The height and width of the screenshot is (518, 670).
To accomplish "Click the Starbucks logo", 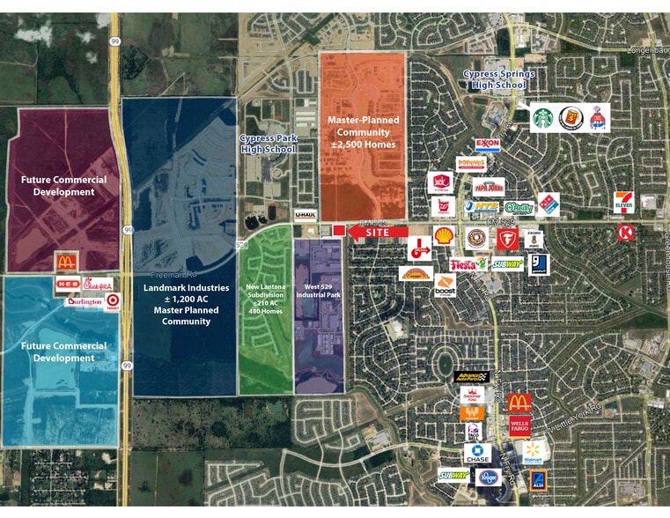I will coord(543,117).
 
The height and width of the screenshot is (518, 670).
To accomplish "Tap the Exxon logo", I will coord(488,144).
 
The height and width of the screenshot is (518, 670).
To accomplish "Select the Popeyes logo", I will coord(471,164).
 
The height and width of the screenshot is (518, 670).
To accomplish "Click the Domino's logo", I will coord(548,203).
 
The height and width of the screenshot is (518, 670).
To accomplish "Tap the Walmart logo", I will coord(532,452).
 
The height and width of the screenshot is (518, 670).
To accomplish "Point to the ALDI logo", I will coord(538,480).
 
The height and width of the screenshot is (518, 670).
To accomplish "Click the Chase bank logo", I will coord(477,454).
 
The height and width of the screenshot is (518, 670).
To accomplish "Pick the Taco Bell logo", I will coord(474,432).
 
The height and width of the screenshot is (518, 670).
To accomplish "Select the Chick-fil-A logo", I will coord(99,285).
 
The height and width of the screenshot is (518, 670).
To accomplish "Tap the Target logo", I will coord(112,301).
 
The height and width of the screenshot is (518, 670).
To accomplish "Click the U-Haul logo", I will coord(305,214).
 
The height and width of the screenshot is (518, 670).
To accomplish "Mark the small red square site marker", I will coord(338,231).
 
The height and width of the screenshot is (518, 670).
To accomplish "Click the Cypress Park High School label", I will coord(268,144).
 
